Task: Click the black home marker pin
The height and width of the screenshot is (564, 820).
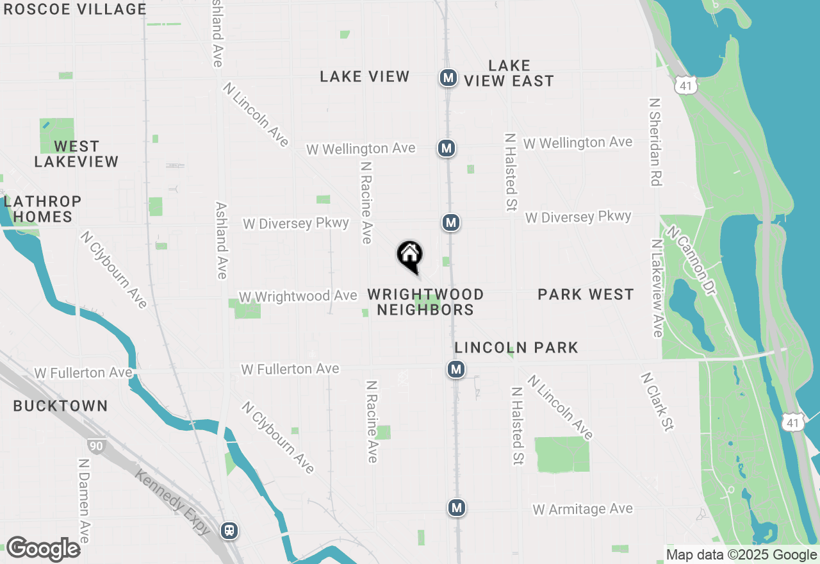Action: tap(410, 256)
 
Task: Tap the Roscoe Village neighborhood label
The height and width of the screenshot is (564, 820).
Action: tap(75, 9)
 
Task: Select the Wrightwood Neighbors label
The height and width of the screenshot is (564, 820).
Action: tap(425, 302)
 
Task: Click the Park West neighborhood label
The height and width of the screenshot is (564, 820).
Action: tap(586, 294)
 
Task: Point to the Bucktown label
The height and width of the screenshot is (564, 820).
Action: tap(60, 406)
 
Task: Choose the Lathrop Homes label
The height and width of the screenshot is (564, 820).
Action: tap(42, 209)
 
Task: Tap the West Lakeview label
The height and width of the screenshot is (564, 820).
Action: tap(76, 154)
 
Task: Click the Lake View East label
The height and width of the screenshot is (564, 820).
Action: tap(509, 73)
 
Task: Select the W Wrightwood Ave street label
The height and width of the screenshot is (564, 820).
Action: tap(298, 296)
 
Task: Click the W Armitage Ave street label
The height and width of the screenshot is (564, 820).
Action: tap(582, 509)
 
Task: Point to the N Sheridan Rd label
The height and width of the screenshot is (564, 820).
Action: tap(654, 142)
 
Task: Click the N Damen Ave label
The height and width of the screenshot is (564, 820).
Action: tap(84, 500)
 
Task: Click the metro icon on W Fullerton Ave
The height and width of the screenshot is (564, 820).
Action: tap(455, 369)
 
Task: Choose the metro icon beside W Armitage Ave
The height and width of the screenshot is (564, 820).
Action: tap(455, 508)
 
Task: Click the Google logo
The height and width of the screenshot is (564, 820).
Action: tap(43, 549)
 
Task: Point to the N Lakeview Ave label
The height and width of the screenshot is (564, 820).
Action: tap(657, 288)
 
